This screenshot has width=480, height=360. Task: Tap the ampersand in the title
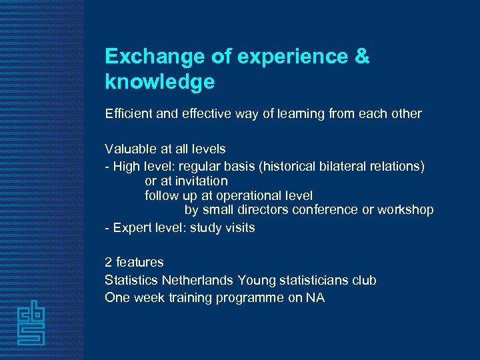[361, 57]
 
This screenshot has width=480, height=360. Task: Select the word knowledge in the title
[160, 82]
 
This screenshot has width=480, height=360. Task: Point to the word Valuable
[130, 149]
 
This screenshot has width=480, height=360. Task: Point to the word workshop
[406, 210]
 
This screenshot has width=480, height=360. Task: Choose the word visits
[239, 228]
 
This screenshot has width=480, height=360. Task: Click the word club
[364, 281]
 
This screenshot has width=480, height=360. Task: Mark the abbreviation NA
[315, 298]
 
